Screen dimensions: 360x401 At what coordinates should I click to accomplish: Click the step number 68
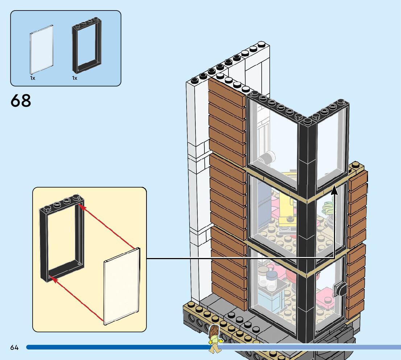(21, 101)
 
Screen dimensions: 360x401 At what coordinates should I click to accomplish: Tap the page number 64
(14, 348)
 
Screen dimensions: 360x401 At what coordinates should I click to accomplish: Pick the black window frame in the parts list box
(87, 46)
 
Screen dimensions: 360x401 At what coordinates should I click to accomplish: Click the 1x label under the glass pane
(33, 78)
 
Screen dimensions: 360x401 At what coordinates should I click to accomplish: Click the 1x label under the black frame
(75, 78)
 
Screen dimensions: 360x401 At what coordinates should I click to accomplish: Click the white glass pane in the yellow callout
(122, 287)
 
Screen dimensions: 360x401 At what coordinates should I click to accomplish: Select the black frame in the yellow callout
(62, 236)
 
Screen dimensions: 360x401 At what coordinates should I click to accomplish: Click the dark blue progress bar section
(116, 347)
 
